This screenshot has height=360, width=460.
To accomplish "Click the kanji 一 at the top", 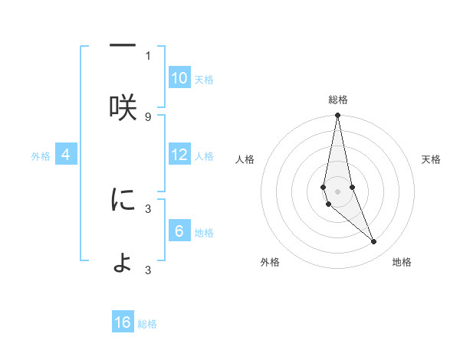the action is [x=123, y=46].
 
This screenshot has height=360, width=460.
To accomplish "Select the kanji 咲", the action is [x=123, y=108].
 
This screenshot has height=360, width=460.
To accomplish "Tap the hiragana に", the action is [x=123, y=201].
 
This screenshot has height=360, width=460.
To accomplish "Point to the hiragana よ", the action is [x=123, y=263].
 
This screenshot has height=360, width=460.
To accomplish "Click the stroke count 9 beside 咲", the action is [x=148, y=116].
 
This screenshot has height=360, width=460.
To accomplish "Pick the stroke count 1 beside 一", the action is [x=148, y=55].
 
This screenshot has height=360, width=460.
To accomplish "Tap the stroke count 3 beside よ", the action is [x=148, y=270].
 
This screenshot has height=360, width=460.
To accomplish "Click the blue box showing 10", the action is [x=179, y=78].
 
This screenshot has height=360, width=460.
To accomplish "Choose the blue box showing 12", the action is [x=179, y=155].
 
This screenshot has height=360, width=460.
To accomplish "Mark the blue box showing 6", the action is [x=179, y=231].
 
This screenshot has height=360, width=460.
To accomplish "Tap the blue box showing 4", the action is [x=66, y=155].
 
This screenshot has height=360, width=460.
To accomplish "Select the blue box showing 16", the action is [x=123, y=322].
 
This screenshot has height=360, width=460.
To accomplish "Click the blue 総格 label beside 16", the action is [x=147, y=324].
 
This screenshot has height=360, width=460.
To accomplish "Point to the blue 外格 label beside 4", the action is [x=41, y=156].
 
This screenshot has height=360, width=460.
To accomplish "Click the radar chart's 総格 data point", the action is [x=337, y=116].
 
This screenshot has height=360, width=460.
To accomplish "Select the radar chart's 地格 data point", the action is [x=374, y=242].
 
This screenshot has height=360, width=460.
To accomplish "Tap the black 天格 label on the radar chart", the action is [x=432, y=159].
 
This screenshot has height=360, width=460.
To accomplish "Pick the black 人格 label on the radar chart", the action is [x=245, y=159].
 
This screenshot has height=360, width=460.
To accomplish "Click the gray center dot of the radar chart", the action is [x=337, y=191].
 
